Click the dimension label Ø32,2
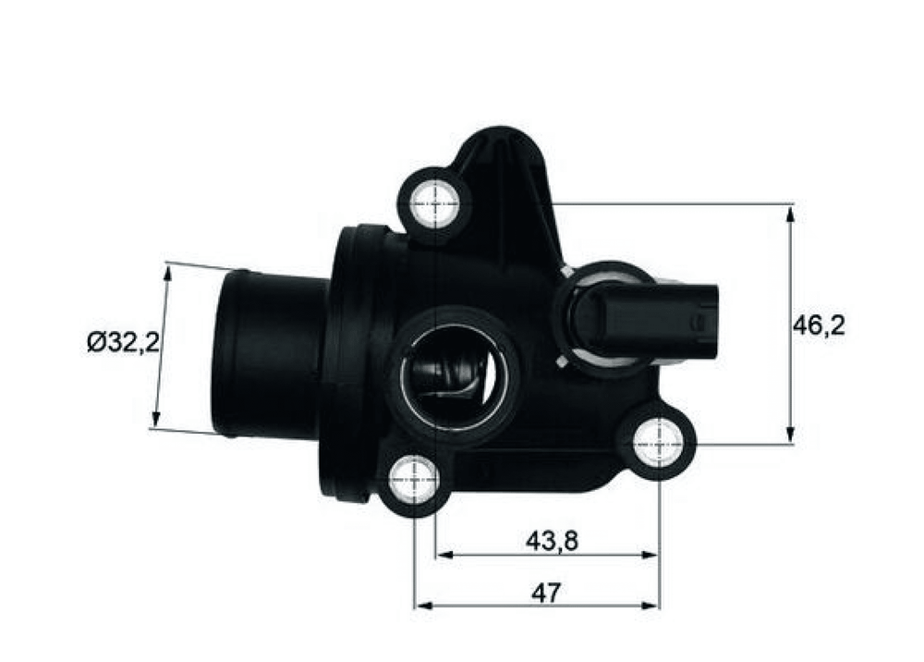pos(123,342)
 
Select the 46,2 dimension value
pos(819,325)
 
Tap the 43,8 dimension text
pos(553,541)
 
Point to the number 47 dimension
pos(546,593)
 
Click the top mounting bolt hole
pos(435,204)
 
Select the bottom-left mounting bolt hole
pos(416,480)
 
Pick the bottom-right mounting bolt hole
pos(658,442)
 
